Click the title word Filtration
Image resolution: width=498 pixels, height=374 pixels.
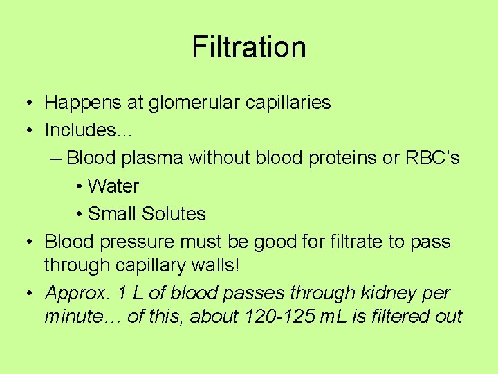click(248, 47)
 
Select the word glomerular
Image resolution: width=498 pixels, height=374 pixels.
click(191, 103)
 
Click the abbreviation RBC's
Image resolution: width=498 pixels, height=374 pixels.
click(430, 158)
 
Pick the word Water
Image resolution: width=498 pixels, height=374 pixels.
click(113, 186)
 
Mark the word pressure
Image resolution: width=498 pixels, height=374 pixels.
click(134, 242)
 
